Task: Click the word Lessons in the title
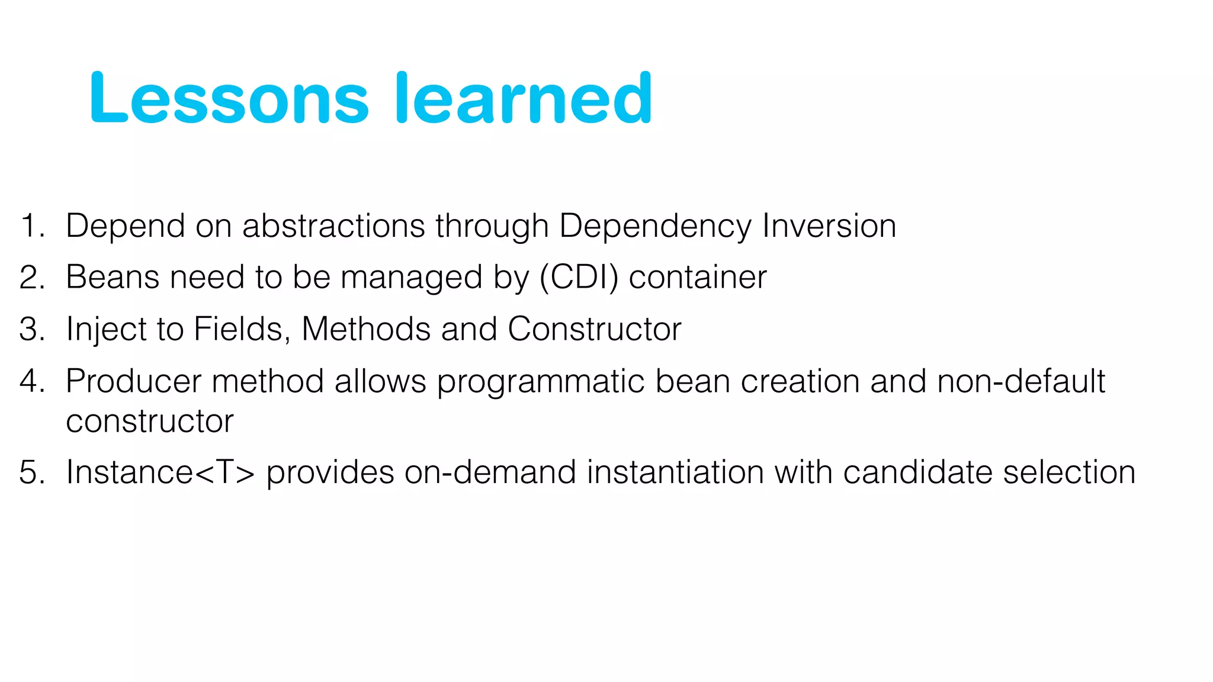pos(229,98)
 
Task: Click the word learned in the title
pos(524,98)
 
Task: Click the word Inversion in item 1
pos(829,226)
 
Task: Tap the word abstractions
pos(333,226)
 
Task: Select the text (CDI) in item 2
pos(579,278)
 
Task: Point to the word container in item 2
pos(697,278)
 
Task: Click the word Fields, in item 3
pos(242,329)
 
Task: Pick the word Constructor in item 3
pos(594,329)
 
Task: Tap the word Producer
pos(133,381)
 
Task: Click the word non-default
pos(1021,381)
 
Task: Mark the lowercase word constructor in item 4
pos(149,422)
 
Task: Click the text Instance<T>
pos(160,472)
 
